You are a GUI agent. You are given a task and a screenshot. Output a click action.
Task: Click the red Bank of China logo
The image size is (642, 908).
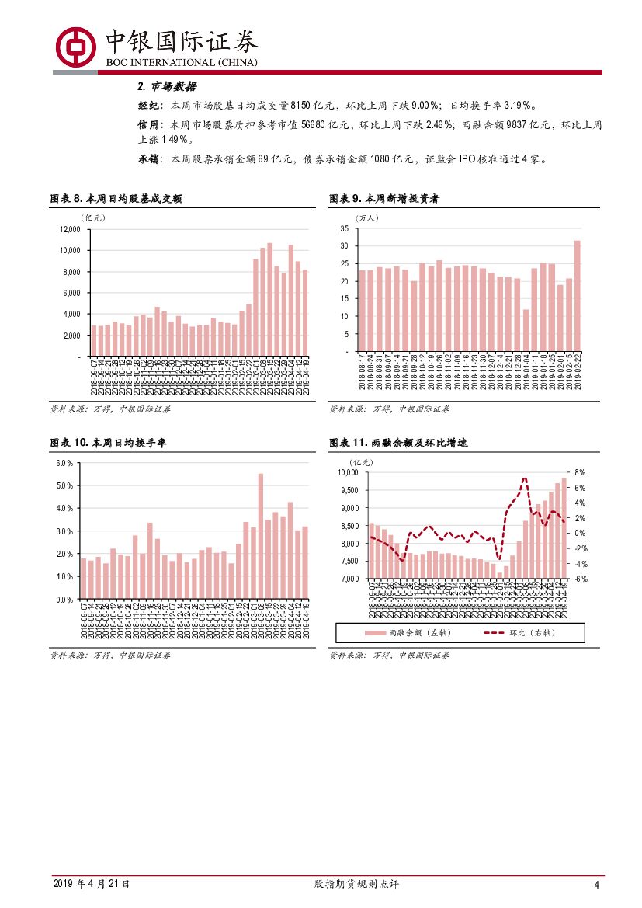(75, 46)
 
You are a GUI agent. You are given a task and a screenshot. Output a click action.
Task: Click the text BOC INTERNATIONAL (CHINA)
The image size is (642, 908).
(181, 62)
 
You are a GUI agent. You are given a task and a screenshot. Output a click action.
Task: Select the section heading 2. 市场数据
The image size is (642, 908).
(167, 86)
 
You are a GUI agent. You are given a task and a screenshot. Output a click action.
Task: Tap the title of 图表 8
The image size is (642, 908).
(116, 200)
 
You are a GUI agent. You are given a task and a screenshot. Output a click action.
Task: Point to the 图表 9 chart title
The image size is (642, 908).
(385, 200)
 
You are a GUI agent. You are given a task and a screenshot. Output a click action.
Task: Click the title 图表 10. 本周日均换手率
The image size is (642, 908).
(108, 443)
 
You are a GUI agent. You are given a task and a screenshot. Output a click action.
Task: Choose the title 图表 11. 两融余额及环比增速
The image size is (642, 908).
(398, 443)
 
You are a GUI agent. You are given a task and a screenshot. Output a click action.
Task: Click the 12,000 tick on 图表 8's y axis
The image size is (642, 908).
(69, 230)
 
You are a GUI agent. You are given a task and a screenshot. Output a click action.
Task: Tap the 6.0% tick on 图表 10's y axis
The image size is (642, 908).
(64, 463)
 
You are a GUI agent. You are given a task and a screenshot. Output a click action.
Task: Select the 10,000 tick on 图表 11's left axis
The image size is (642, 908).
(346, 472)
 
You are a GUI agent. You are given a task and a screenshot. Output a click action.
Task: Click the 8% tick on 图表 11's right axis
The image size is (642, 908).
(579, 472)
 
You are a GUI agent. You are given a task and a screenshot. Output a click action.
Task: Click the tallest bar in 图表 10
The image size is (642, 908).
(260, 536)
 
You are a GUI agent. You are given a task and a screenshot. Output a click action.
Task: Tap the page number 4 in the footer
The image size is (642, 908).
(596, 885)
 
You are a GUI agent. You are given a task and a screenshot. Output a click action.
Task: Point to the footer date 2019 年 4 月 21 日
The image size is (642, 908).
(91, 884)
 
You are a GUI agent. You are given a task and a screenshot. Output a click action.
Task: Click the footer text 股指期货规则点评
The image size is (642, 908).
(356, 884)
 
